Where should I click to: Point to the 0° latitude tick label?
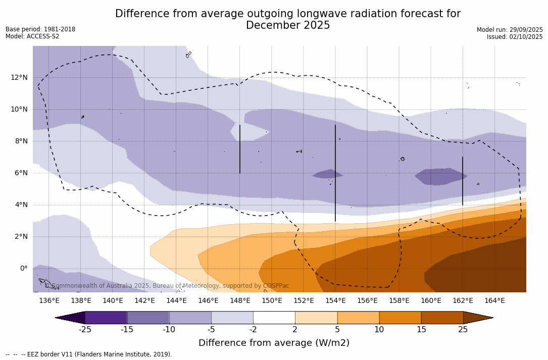tap(23, 268)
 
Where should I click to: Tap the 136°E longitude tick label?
tap(49, 300)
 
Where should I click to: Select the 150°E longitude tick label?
tap(272, 300)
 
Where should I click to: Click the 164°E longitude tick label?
tap(494, 300)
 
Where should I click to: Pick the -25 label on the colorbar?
tap(85, 330)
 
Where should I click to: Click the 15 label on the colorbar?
tap(421, 330)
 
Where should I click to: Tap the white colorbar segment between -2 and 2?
tap(274, 318)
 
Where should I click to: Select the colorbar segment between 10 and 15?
tap(400, 318)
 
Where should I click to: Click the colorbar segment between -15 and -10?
tap(148, 318)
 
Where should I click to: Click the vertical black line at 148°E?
tap(240, 149)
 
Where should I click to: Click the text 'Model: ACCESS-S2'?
tap(32, 36)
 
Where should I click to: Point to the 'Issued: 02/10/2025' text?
tap(515, 37)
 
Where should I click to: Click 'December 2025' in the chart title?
tap(288, 25)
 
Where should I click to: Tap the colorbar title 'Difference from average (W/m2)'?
tap(274, 343)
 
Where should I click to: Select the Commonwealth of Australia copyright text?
tap(167, 286)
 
